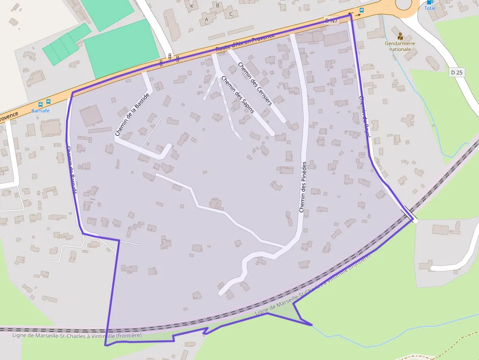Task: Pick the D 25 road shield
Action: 457,72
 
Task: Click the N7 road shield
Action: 331,21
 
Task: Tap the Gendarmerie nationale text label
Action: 400,46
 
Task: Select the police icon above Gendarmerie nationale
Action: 400,36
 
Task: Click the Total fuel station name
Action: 430,8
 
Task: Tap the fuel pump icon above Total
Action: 430,2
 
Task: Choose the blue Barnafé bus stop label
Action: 41,110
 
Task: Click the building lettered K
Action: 192,6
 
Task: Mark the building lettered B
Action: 218,5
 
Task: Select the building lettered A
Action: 206,20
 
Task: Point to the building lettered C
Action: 231,14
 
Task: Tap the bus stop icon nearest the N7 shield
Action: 362,10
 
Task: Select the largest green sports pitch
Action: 121,47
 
